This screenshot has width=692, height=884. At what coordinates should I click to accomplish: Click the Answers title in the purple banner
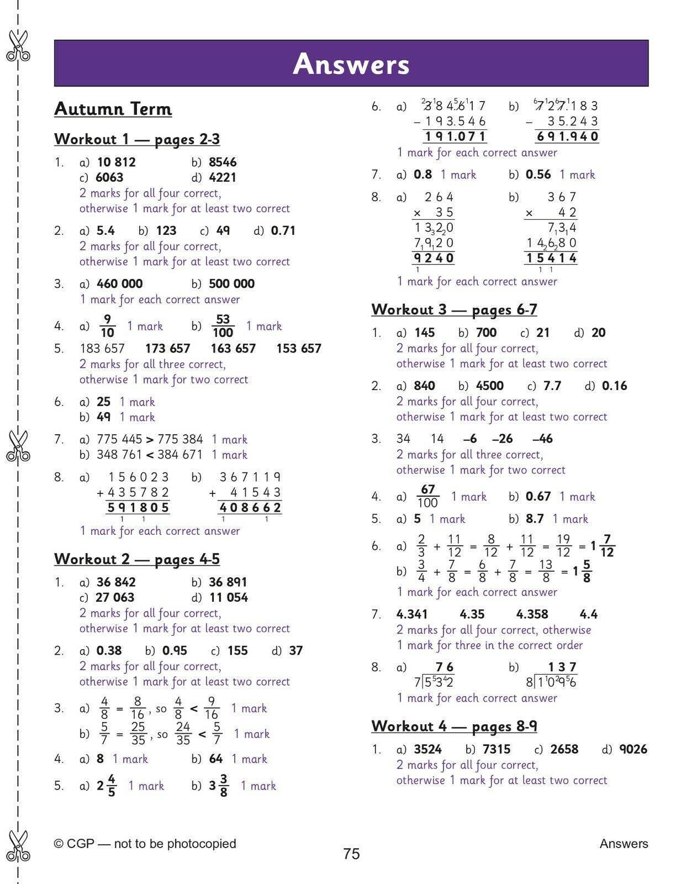click(351, 64)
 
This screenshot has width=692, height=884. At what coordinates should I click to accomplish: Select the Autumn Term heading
click(113, 109)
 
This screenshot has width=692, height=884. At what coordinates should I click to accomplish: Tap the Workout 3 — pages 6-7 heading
click(454, 309)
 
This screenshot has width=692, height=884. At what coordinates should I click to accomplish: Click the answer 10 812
click(116, 162)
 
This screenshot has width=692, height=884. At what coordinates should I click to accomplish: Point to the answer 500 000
click(231, 284)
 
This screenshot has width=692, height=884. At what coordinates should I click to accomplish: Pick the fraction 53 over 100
click(223, 326)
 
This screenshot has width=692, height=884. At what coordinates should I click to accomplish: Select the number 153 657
click(299, 349)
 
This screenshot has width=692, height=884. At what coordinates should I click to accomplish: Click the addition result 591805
click(138, 508)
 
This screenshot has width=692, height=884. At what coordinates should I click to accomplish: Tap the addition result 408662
click(250, 508)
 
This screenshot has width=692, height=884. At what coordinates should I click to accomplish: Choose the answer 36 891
click(228, 582)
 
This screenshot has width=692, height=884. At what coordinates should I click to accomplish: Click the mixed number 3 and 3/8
click(219, 785)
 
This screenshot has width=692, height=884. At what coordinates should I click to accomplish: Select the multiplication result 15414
click(551, 258)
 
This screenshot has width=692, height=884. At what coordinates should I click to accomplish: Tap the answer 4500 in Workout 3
click(489, 386)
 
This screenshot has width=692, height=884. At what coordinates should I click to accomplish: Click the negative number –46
click(542, 439)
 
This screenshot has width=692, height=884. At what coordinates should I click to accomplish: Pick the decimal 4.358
click(532, 614)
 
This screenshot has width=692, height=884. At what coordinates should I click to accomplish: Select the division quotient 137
click(562, 667)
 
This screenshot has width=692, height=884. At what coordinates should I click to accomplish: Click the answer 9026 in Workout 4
click(633, 750)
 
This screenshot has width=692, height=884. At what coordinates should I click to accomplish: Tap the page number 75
click(351, 854)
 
